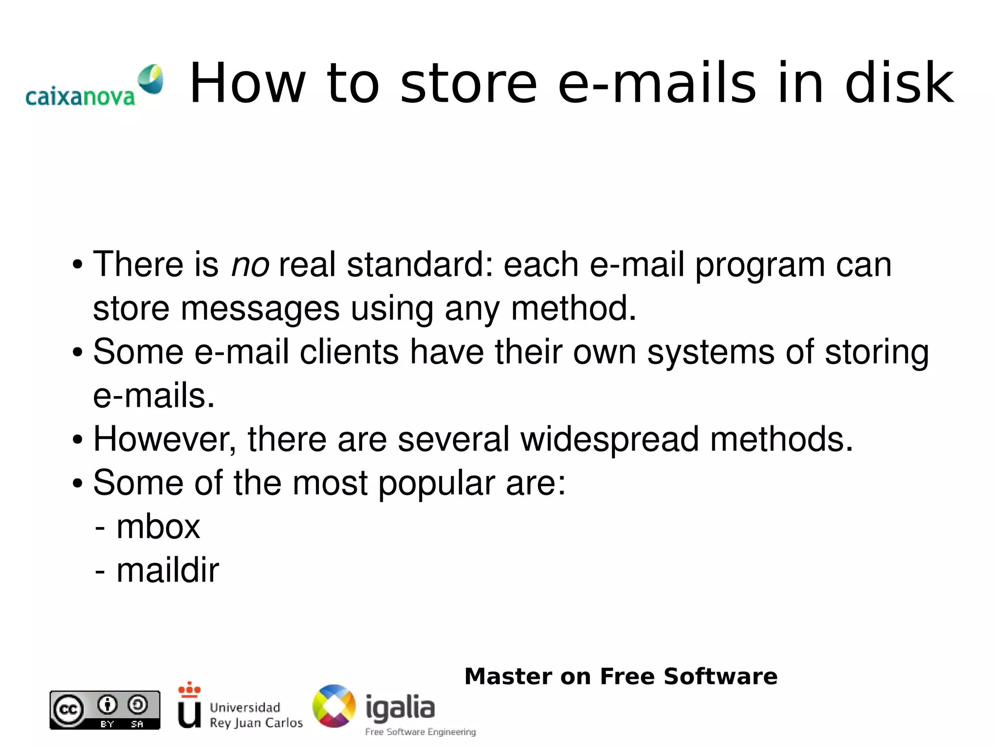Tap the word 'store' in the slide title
pyautogui.click(x=468, y=84)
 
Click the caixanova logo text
pyautogui.click(x=80, y=97)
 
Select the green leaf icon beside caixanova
pyautogui.click(x=150, y=79)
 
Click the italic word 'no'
pyautogui.click(x=250, y=265)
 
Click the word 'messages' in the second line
pyautogui.click(x=259, y=310)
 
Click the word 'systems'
pyautogui.click(x=710, y=353)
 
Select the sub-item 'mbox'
pyautogui.click(x=158, y=527)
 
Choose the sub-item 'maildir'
pyautogui.click(x=167, y=570)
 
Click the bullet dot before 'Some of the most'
pyautogui.click(x=77, y=484)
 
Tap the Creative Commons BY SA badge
pyautogui.click(x=105, y=710)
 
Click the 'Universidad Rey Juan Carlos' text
pyautogui.click(x=256, y=715)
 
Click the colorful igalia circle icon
pyautogui.click(x=334, y=706)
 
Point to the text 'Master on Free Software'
pyautogui.click(x=621, y=676)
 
